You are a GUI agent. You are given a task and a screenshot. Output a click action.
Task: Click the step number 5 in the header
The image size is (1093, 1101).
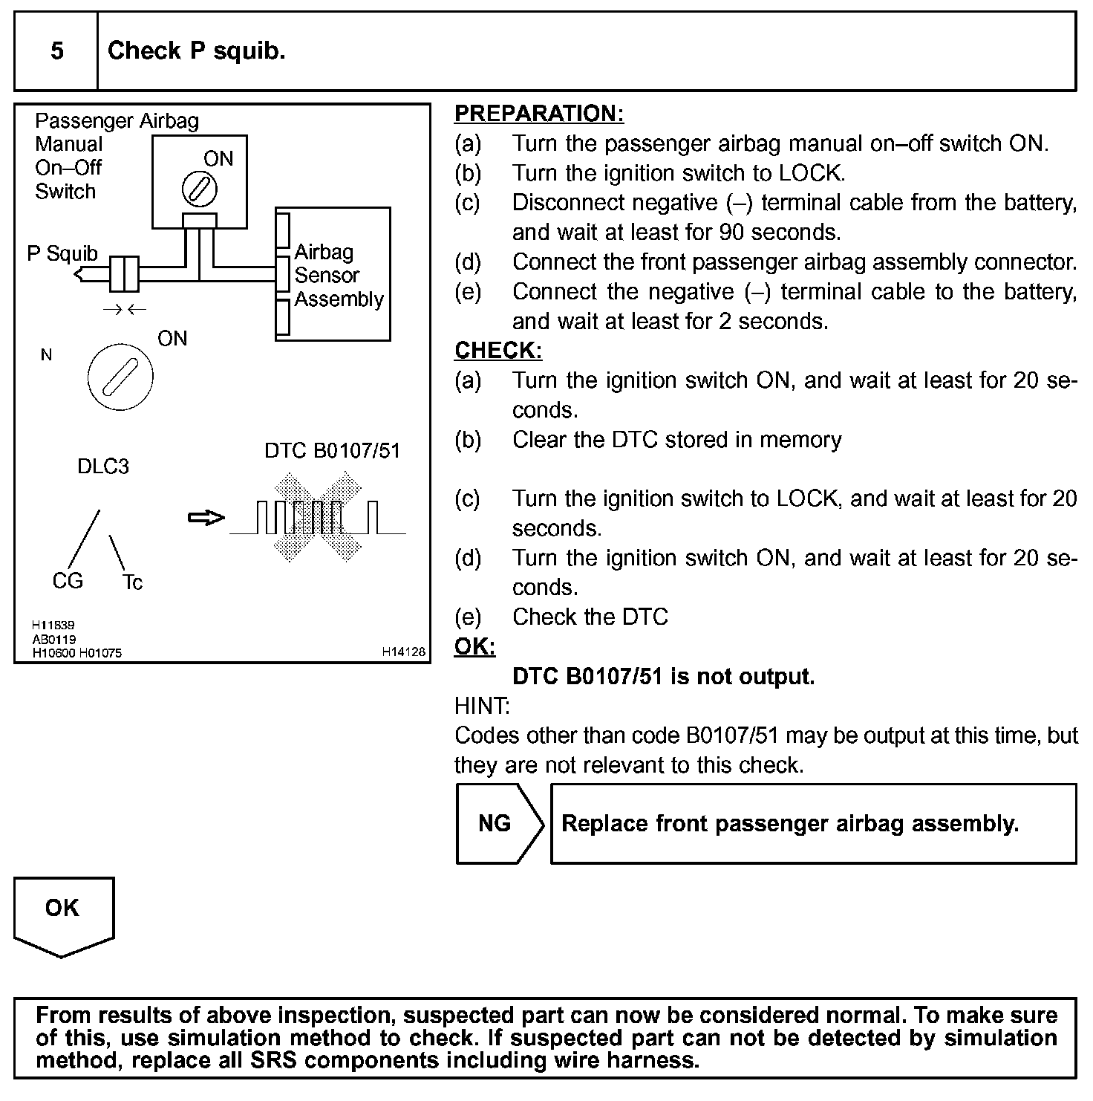[57, 51]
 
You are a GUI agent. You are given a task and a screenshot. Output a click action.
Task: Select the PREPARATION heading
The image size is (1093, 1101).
[539, 114]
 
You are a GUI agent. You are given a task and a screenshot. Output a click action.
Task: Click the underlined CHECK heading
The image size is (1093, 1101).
[498, 351]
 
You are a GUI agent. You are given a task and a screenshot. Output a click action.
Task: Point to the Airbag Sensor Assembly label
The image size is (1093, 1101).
[338, 276]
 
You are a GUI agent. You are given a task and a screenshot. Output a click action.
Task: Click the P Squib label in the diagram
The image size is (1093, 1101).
[62, 254]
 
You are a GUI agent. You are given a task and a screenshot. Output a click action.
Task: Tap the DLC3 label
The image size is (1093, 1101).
[103, 467]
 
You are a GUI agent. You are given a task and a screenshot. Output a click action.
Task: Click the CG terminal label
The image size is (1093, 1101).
[68, 581]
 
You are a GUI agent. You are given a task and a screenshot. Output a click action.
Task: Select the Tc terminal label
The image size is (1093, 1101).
[132, 582]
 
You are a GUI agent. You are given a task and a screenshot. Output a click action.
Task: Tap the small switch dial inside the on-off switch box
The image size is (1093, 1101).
[200, 189]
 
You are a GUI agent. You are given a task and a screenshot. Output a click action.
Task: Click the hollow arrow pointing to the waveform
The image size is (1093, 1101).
[206, 518]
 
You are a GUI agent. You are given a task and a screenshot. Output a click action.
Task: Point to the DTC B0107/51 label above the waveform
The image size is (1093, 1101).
[332, 451]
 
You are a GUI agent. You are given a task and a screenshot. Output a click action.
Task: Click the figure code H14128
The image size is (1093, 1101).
[404, 652]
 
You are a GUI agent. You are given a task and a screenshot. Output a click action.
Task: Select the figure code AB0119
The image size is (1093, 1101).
[53, 640]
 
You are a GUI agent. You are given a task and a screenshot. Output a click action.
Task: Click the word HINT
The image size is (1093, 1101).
[482, 706]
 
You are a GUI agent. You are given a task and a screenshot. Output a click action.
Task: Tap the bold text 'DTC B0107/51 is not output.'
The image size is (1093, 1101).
[663, 677]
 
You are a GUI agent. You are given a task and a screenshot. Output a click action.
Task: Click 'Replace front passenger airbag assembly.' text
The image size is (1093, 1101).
[790, 824]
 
